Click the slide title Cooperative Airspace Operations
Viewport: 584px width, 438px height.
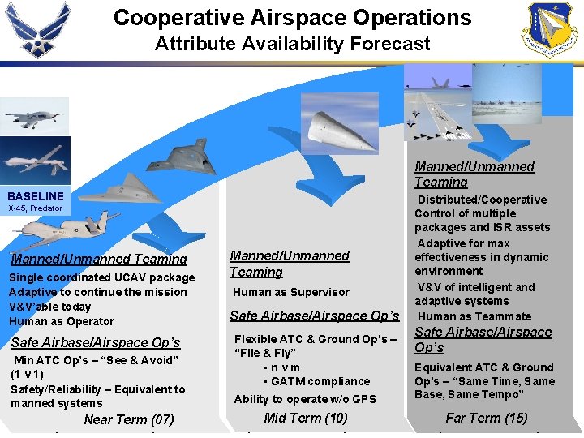(x=292, y=18)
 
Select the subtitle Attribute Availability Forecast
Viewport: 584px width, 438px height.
(x=292, y=44)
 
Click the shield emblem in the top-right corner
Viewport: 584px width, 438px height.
(x=552, y=29)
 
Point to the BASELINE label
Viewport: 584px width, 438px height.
(x=36, y=196)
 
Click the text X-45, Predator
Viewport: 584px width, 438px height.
(x=35, y=208)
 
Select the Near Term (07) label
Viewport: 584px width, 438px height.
(x=129, y=419)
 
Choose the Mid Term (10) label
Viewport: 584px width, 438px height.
(x=306, y=418)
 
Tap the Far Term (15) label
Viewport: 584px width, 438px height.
(x=487, y=418)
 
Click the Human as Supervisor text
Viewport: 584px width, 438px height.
(x=291, y=292)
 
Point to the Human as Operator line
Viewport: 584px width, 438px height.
(x=61, y=321)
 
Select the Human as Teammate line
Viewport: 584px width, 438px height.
(x=474, y=316)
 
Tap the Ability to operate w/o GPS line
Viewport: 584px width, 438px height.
(x=305, y=399)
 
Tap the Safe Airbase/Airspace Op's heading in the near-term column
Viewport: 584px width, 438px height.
(x=96, y=342)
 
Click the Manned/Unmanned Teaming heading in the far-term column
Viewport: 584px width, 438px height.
(x=474, y=174)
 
